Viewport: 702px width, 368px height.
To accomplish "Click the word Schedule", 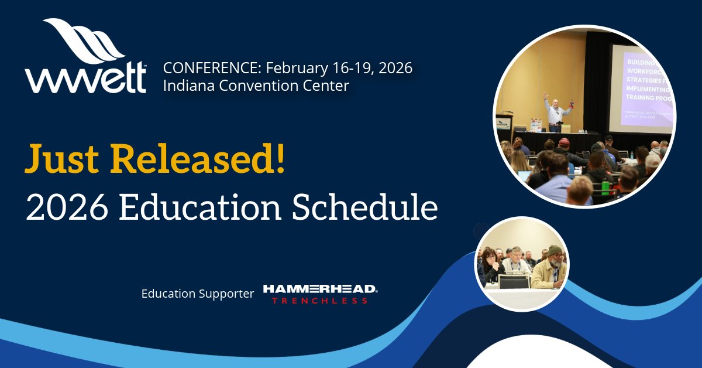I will tap(365, 207).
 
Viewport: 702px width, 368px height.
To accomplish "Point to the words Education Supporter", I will tap(198, 294).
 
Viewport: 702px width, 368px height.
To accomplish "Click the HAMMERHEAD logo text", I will tap(320, 289).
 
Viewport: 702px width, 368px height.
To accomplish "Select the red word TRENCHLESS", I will tap(319, 301).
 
